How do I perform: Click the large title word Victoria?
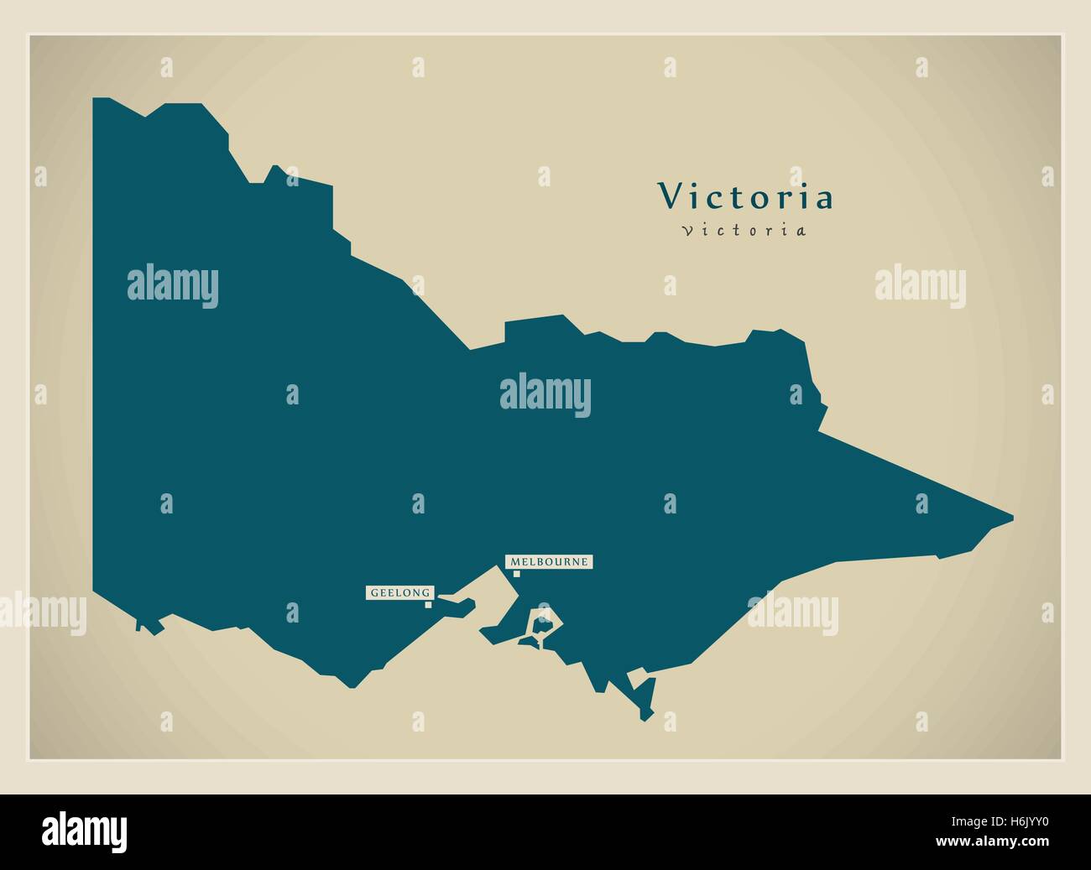(746, 197)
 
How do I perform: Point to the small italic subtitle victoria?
(744, 230)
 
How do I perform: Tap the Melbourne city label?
(549, 561)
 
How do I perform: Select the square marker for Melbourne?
(517, 574)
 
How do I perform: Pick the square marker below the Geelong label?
(428, 604)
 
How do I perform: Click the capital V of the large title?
(670, 197)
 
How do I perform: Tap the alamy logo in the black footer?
(85, 831)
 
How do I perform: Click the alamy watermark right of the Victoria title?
(920, 285)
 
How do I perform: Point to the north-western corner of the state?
(94, 99)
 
